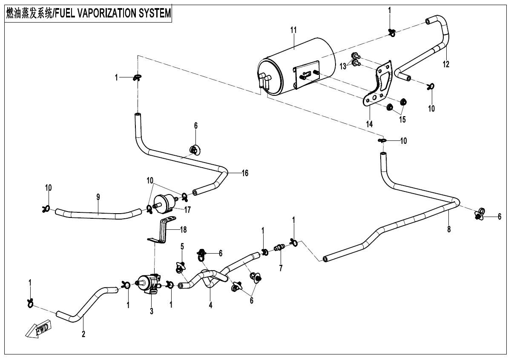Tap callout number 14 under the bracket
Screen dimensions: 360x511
click(369, 124)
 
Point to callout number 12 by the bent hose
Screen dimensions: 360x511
click(445, 64)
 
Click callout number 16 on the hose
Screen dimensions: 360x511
click(245, 173)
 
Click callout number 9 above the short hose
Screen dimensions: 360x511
click(98, 197)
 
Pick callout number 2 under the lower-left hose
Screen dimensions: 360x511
click(83, 334)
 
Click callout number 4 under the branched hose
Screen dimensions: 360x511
click(210, 305)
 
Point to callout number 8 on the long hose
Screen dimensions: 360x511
click(449, 229)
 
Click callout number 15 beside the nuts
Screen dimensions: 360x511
click(402, 120)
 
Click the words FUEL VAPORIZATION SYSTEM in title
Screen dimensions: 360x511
click(112, 13)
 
